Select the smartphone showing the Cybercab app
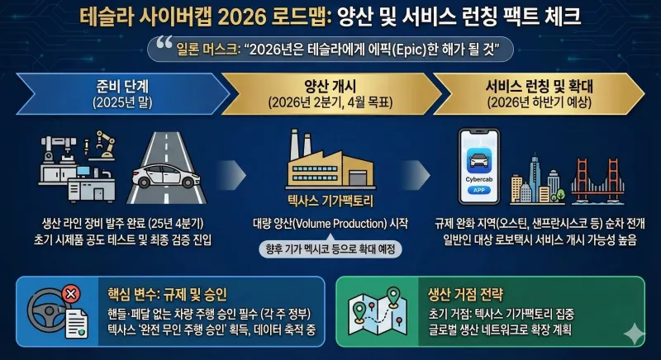click(481, 166)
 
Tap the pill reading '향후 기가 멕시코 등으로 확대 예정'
click(329, 248)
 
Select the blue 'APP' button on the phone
click(481, 189)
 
